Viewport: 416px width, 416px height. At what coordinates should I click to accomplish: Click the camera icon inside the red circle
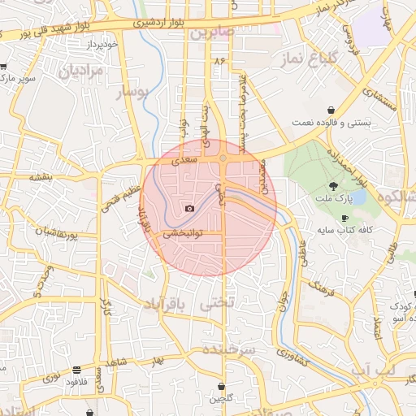pyautogui.click(x=189, y=209)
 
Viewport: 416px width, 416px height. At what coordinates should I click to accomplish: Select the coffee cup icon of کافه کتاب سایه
pyautogui.click(x=344, y=219)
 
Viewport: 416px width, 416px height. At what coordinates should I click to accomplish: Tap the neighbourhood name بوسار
pyautogui.click(x=134, y=93)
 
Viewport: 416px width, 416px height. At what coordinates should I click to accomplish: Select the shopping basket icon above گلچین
pyautogui.click(x=221, y=386)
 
